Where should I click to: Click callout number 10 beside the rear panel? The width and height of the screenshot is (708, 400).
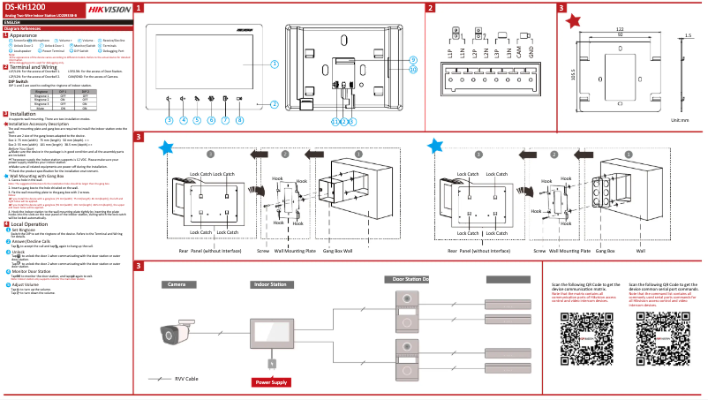(413, 68)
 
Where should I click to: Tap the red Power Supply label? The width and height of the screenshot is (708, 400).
(271, 381)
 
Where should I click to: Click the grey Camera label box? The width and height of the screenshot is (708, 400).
(177, 284)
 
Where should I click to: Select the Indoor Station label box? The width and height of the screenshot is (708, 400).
(270, 284)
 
